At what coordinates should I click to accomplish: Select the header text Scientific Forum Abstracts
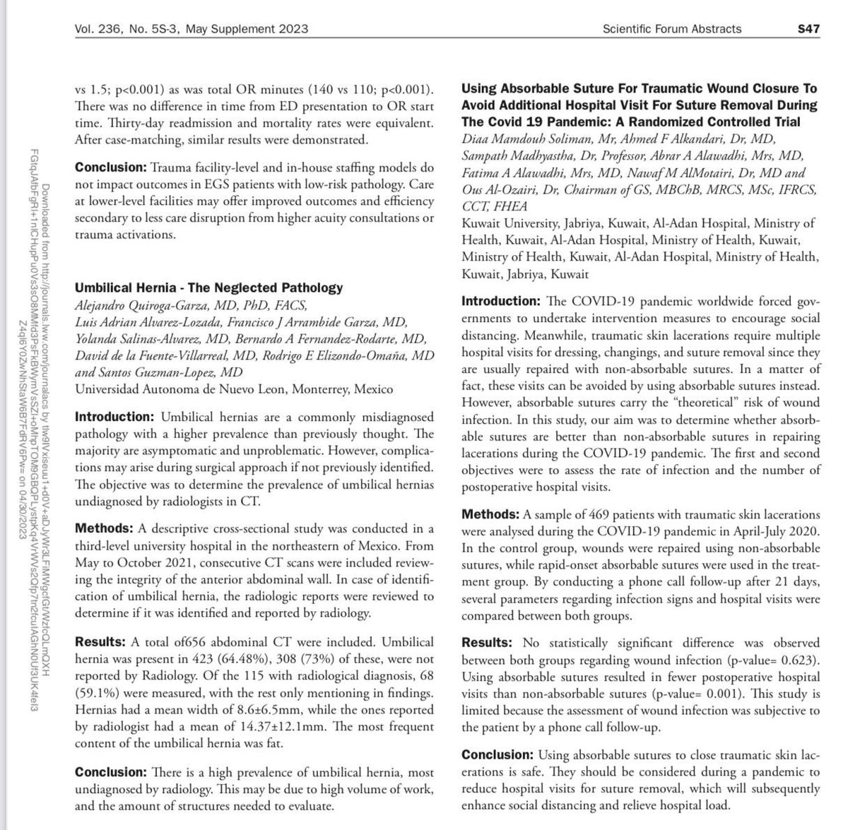[672, 29]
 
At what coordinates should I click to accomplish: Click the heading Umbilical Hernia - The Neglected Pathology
[209, 287]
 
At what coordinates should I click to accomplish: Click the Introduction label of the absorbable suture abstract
[500, 302]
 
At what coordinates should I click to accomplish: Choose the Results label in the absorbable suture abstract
[487, 644]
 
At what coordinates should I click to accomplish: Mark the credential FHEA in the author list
[508, 206]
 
